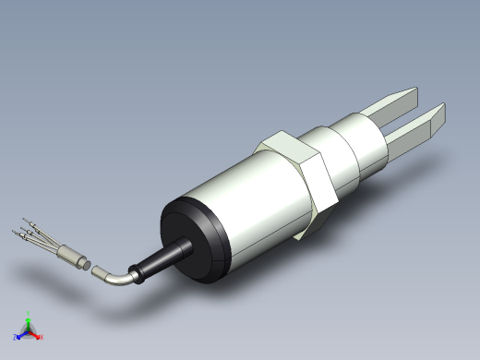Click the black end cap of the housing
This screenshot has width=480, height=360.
[x=189, y=240]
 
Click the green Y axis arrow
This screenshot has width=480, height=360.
[x=29, y=318]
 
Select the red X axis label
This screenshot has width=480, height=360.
[x=42, y=337]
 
